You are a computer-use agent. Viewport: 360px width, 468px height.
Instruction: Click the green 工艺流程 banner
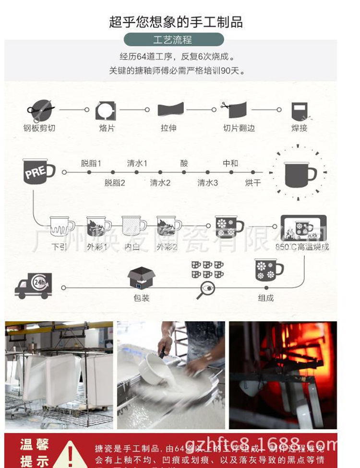point(173,39)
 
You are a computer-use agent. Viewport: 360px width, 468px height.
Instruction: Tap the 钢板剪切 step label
point(39,128)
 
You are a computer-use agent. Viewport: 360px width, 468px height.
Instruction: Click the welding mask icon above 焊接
point(299,111)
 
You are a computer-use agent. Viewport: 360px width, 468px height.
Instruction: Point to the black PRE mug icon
point(38,171)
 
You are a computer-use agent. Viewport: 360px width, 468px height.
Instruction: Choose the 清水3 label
point(207,183)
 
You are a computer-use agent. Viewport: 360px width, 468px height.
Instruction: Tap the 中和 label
point(230,163)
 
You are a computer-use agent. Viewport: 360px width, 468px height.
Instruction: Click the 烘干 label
point(253,183)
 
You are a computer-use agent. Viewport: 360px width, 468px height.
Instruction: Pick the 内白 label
point(132,247)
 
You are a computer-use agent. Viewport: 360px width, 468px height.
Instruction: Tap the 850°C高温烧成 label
point(302,247)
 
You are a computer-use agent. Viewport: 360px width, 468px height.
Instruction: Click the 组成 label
point(265,298)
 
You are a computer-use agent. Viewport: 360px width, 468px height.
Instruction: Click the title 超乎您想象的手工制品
point(176,22)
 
